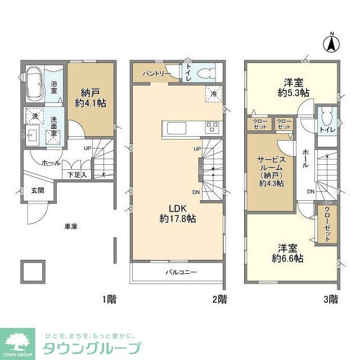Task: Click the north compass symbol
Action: click(x=331, y=42)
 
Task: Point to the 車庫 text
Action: click(x=70, y=226)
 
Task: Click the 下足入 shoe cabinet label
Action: click(x=78, y=175)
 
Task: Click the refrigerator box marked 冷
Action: click(x=213, y=94)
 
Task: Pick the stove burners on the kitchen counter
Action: click(x=212, y=127)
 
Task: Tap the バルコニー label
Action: click(x=181, y=272)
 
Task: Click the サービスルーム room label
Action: click(x=272, y=172)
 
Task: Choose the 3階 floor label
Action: click(x=330, y=298)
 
